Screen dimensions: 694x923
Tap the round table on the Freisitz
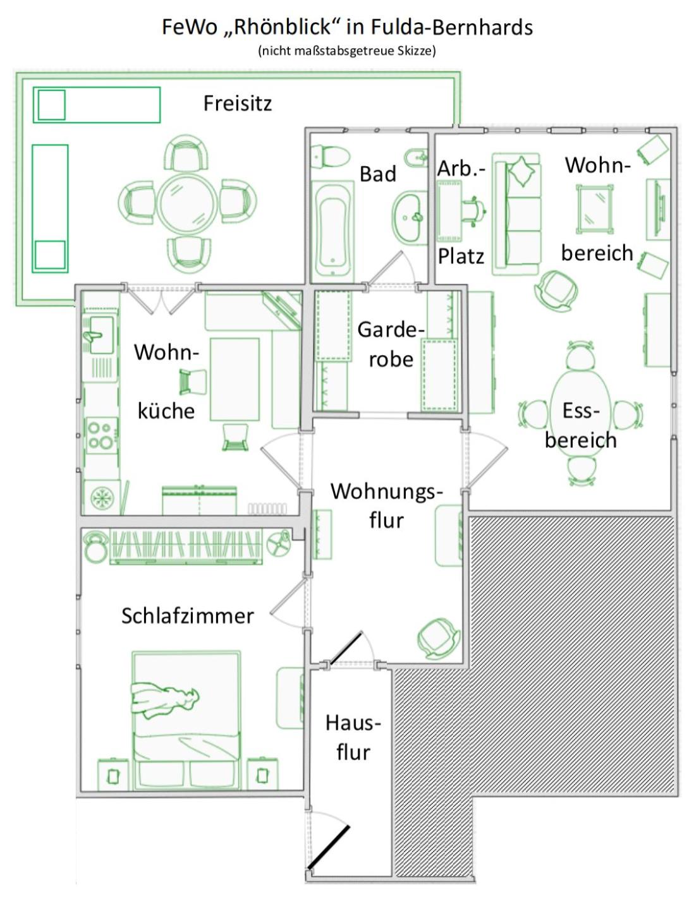click(x=187, y=204)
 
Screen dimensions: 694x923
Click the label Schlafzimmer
click(x=188, y=616)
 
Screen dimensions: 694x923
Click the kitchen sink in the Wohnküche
click(x=99, y=335)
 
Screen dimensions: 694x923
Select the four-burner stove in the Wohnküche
click(x=101, y=435)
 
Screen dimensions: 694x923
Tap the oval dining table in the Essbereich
click(x=581, y=413)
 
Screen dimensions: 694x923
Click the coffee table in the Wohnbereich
click(x=595, y=209)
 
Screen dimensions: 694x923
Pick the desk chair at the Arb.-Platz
click(x=473, y=211)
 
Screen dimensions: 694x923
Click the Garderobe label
click(x=391, y=344)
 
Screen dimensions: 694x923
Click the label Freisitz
click(x=237, y=104)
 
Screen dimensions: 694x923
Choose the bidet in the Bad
click(x=415, y=158)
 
